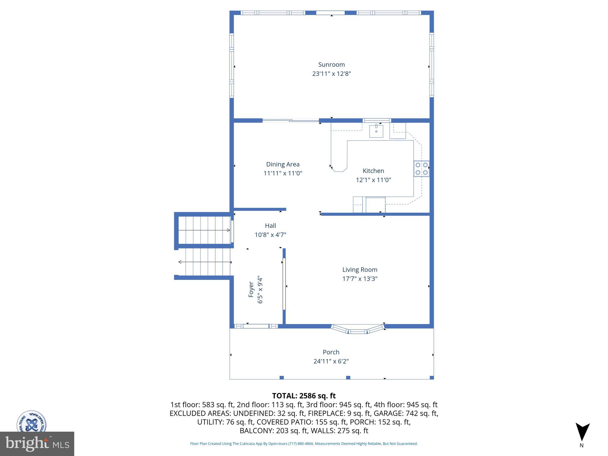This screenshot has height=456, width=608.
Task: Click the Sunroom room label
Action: [331, 64]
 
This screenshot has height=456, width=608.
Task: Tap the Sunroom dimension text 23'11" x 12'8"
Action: [331, 74]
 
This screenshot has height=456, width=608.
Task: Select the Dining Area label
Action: [283, 164]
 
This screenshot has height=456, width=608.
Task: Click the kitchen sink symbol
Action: [376, 131]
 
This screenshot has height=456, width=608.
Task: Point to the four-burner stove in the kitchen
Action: [422, 169]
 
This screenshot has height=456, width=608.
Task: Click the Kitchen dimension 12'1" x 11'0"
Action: [373, 180]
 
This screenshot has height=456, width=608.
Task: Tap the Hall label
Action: [270, 226]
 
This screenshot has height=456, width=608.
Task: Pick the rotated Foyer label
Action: [251, 289]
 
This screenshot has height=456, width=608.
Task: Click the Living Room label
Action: [360, 270]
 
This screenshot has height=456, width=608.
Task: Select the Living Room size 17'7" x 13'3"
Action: [360, 279]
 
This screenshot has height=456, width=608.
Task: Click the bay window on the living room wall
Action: [357, 330]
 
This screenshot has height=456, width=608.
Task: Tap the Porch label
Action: [331, 352]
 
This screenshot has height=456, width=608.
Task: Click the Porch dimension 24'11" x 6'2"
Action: [331, 361]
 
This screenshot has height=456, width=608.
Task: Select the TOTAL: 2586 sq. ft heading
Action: [304, 396]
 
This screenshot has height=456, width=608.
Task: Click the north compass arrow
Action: [582, 432]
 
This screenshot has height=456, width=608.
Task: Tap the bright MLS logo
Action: [37, 444]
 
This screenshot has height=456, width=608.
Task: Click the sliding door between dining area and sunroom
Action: [291, 121]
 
